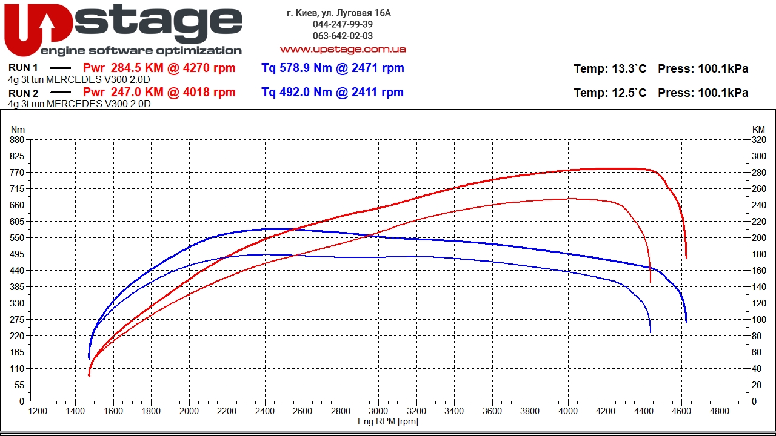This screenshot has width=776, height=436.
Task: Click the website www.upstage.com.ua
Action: (343, 49)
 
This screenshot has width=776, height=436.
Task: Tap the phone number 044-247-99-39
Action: (343, 24)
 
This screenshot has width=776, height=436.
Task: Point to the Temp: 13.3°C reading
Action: (610, 69)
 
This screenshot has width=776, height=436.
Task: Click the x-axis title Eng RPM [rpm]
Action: (388, 421)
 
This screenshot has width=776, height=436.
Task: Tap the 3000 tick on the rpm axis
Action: (379, 411)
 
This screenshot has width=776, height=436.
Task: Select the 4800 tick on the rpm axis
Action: (720, 411)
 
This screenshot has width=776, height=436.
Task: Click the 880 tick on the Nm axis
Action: (17, 140)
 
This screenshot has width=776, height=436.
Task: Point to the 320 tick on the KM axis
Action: (759, 140)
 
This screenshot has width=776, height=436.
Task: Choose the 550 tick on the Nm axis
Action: (17, 238)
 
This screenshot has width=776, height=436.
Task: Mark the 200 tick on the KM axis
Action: (759, 238)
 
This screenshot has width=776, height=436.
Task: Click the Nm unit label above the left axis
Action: (18, 129)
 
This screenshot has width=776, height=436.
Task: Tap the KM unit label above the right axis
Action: (758, 129)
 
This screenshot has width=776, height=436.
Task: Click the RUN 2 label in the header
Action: (24, 93)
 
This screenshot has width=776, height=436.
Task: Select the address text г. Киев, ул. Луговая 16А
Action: (339, 13)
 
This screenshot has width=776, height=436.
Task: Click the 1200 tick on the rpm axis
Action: (38, 411)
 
